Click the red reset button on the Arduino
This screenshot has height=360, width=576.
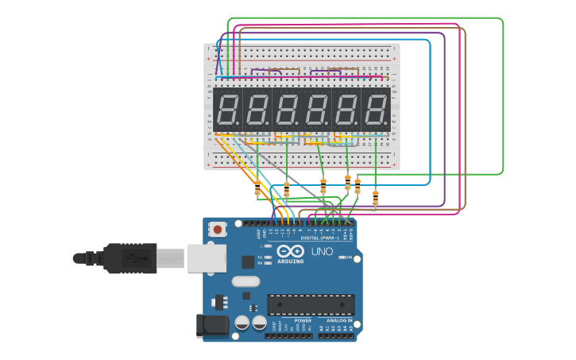click(x=218, y=230)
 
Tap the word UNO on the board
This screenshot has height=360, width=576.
click(x=322, y=252)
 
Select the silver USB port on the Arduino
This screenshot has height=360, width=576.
click(x=207, y=258)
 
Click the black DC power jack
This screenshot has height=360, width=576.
click(x=211, y=324)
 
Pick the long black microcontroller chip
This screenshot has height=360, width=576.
click(x=311, y=304)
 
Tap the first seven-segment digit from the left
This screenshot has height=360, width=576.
click(x=227, y=110)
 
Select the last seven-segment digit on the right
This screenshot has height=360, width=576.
click(x=376, y=110)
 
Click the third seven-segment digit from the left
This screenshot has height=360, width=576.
click(x=287, y=110)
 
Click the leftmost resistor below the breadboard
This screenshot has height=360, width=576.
click(x=257, y=189)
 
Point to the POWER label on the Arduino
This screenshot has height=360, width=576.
click(x=303, y=320)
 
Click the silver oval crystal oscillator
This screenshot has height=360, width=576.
click(x=245, y=281)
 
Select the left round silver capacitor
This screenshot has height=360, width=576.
click(x=242, y=323)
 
